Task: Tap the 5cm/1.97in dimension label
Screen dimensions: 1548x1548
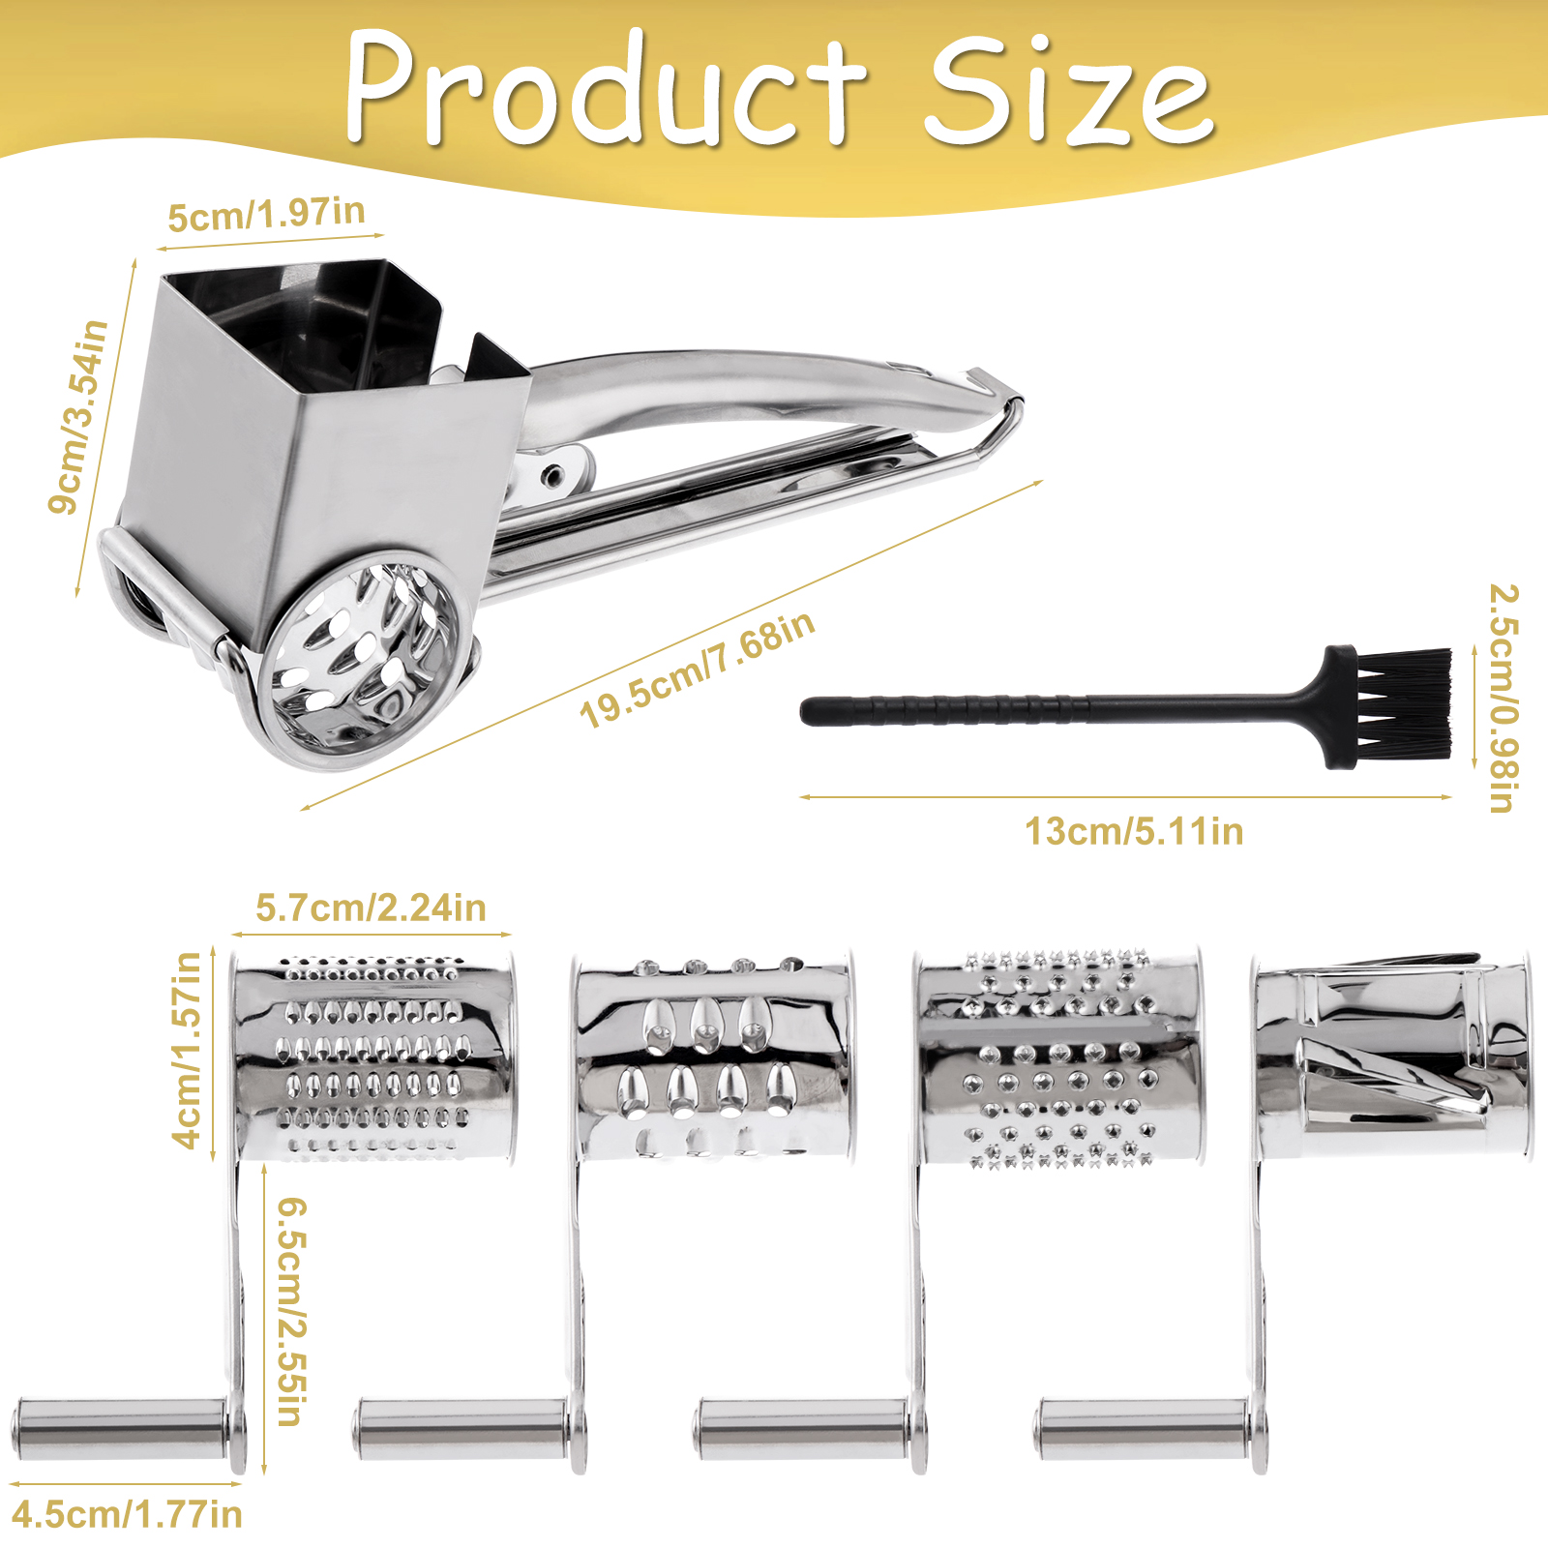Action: (266, 214)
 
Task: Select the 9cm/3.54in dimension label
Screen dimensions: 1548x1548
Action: (78, 416)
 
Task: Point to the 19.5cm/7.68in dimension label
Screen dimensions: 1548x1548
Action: (697, 670)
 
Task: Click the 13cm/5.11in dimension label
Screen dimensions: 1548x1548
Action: (1134, 831)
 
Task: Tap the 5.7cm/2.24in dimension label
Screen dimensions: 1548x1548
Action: (371, 908)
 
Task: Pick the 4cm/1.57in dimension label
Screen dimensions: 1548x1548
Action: (188, 1049)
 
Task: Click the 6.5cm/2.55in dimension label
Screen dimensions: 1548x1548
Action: (292, 1312)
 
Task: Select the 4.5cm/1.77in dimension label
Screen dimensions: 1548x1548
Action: (127, 1514)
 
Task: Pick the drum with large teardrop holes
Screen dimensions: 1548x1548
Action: (714, 1056)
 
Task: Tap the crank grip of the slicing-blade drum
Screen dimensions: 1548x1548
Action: (1141, 1429)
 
